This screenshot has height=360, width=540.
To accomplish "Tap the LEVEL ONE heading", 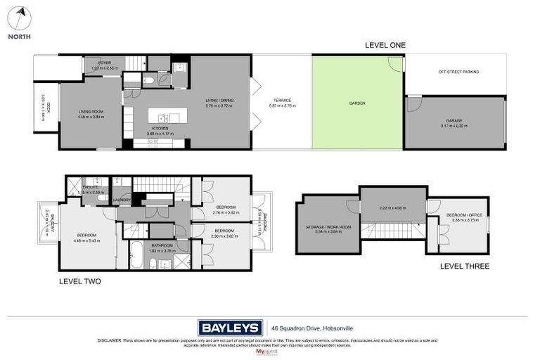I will coord(385,45).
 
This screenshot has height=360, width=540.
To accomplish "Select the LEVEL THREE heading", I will coord(464,266).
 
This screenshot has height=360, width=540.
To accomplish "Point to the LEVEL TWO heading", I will coord(79,281).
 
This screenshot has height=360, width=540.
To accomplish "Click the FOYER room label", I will coord(105,63).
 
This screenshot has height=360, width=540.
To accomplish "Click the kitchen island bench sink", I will coord(162,118).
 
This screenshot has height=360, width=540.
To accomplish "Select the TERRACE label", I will coord(282,101).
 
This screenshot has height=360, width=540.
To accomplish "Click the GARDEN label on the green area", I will coord(357,103).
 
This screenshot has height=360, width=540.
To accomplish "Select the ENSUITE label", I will coord(91,187).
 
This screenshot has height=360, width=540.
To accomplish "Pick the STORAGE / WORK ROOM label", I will coord(328,226).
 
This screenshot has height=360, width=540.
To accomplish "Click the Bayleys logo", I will coord(230,327).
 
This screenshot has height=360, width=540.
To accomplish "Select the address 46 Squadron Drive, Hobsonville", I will coord(307,327).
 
